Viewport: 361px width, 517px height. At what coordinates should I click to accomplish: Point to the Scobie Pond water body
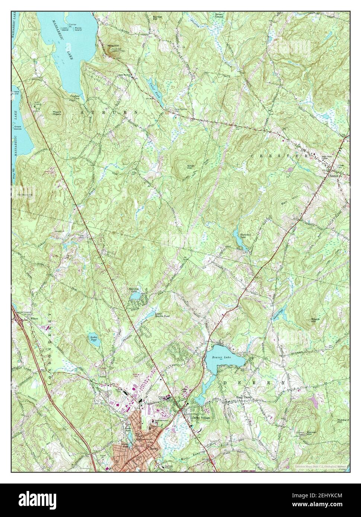tap(95, 341)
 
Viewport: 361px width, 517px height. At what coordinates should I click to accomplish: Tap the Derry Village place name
tap(201, 418)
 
